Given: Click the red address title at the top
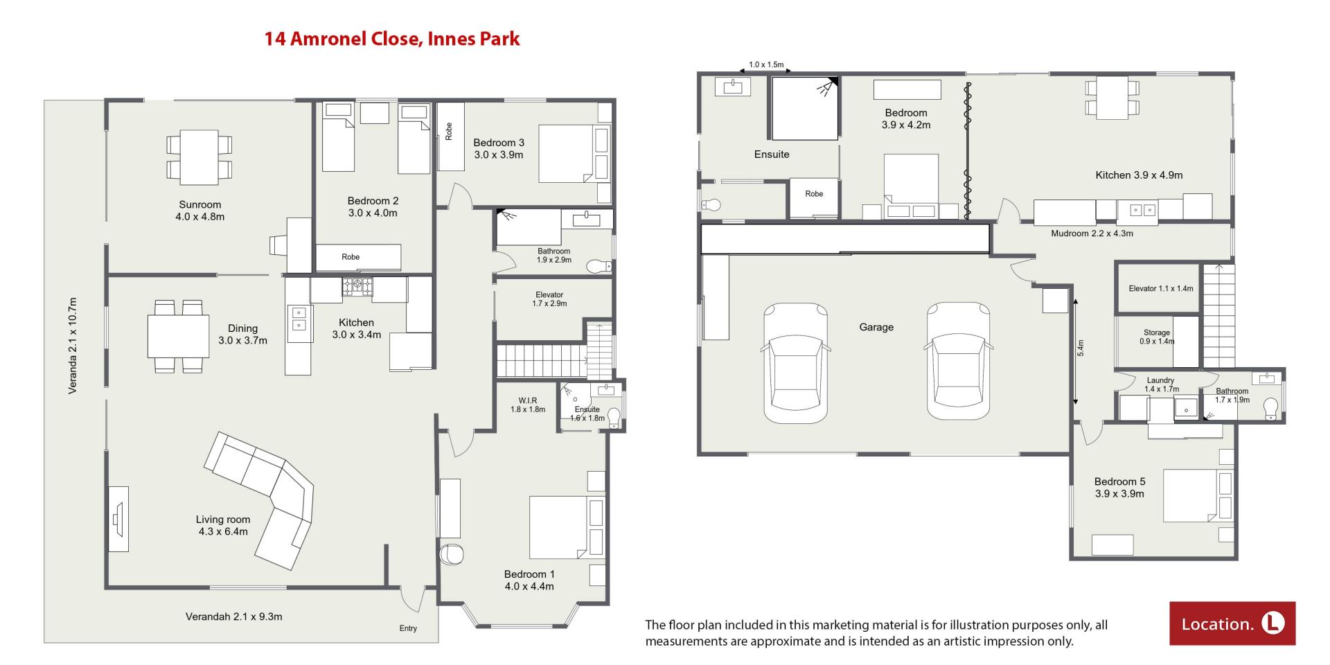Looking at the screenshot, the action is pos(391,38).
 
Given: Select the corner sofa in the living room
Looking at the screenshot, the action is pos(259,500).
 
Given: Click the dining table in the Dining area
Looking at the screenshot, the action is pos(178,337).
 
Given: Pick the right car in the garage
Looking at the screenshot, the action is pos(959,361).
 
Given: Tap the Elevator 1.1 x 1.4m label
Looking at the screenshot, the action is pos(1160,288).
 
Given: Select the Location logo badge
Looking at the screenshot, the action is pos(1232,623).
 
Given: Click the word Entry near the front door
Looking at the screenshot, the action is pos(408,628).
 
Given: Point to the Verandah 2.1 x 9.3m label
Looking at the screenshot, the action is pos(233,617).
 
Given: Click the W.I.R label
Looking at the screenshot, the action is pos(528,400).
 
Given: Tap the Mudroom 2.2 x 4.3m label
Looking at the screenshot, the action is pos(1092,233).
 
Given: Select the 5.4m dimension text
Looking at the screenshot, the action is pos(1081,348).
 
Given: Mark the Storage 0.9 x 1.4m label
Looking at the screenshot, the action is pos(1157,337).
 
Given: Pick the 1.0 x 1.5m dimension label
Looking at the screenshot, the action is pos(766,64).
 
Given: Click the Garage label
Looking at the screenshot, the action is pos(876,327).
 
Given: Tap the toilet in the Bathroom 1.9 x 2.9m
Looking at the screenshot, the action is pos(597,266).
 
